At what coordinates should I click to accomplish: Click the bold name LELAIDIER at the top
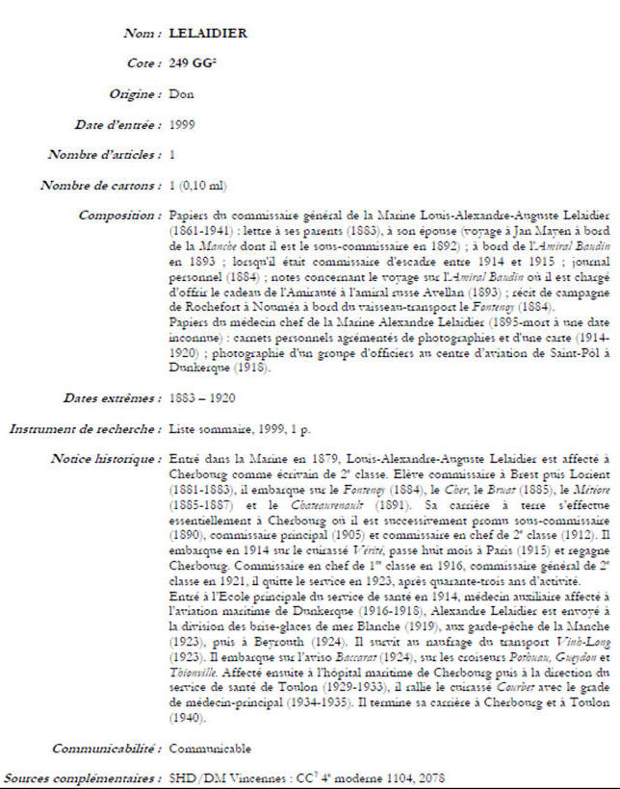pos(207,33)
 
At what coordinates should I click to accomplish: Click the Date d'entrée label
pos(117,124)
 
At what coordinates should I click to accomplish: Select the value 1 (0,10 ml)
pos(198,185)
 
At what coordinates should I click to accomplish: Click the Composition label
pos(119,216)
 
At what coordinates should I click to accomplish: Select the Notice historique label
pos(106,459)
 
